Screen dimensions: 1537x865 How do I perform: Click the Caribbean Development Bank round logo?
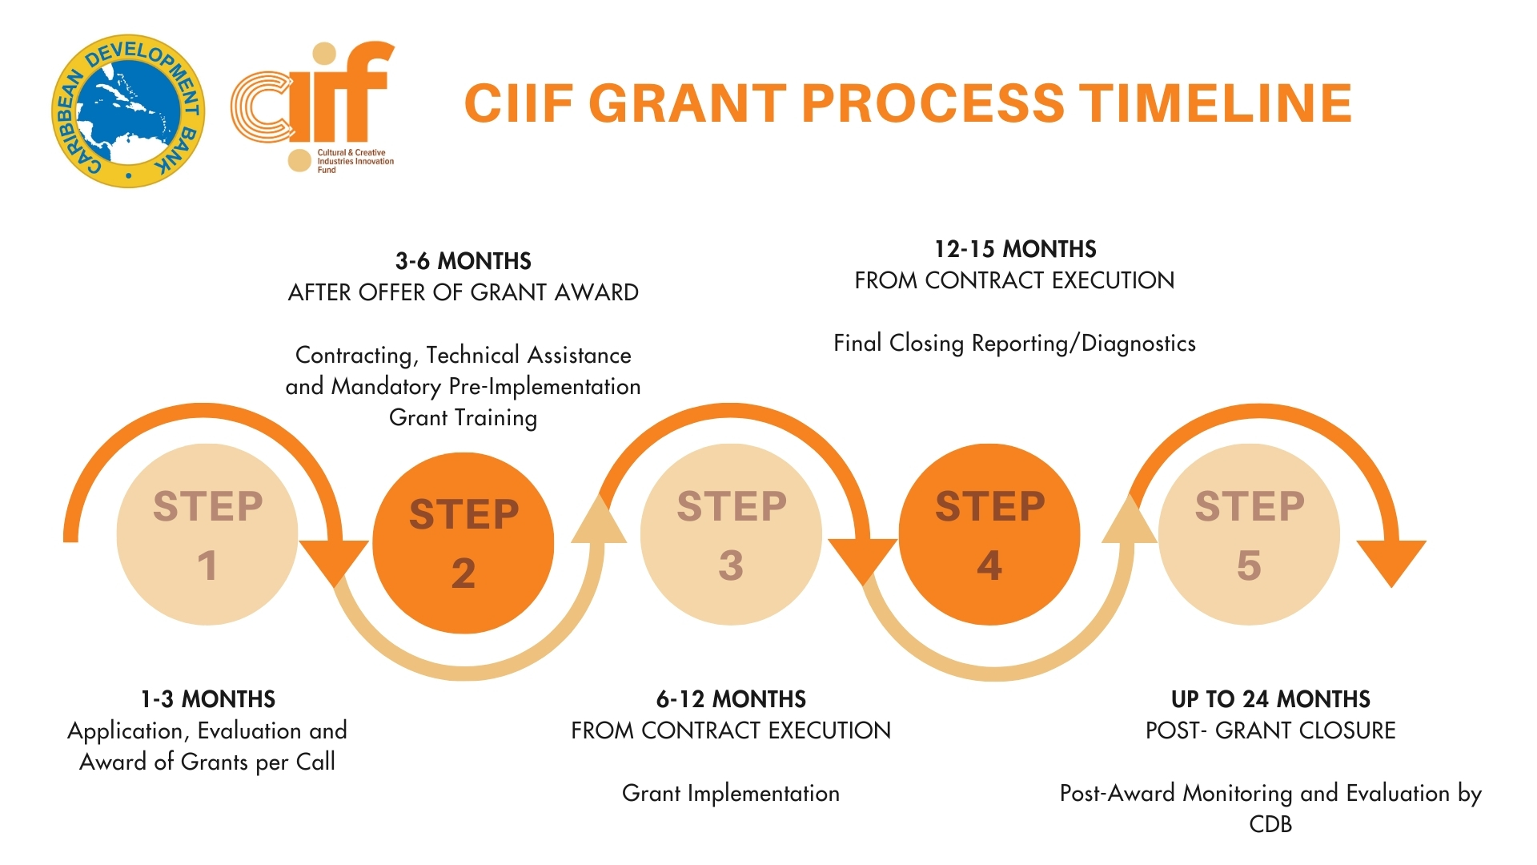point(128,111)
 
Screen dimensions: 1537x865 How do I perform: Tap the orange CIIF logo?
point(313,107)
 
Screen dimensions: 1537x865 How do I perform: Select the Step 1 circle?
point(207,534)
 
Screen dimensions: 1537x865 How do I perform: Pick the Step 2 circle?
point(464,543)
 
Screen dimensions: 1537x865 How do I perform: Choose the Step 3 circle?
point(731,534)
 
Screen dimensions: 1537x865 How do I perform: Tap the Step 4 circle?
point(989,534)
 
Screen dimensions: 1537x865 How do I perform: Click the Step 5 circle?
point(1249,534)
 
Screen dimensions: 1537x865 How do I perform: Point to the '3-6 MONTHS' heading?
point(464,261)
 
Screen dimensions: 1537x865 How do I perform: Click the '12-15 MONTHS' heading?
point(1015,249)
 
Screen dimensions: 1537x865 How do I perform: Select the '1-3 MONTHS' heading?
point(208,699)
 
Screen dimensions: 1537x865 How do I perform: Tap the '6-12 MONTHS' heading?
point(731,699)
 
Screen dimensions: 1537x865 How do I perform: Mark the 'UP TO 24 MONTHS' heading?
point(1270,699)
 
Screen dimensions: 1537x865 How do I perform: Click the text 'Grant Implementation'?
point(731,793)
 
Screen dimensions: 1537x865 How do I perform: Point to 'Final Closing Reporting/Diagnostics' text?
point(1015,344)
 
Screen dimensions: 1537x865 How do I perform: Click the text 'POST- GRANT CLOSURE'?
point(1270,730)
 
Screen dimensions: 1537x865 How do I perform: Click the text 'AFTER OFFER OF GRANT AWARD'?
point(464,292)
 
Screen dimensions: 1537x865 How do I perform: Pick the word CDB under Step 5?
point(1270,824)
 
